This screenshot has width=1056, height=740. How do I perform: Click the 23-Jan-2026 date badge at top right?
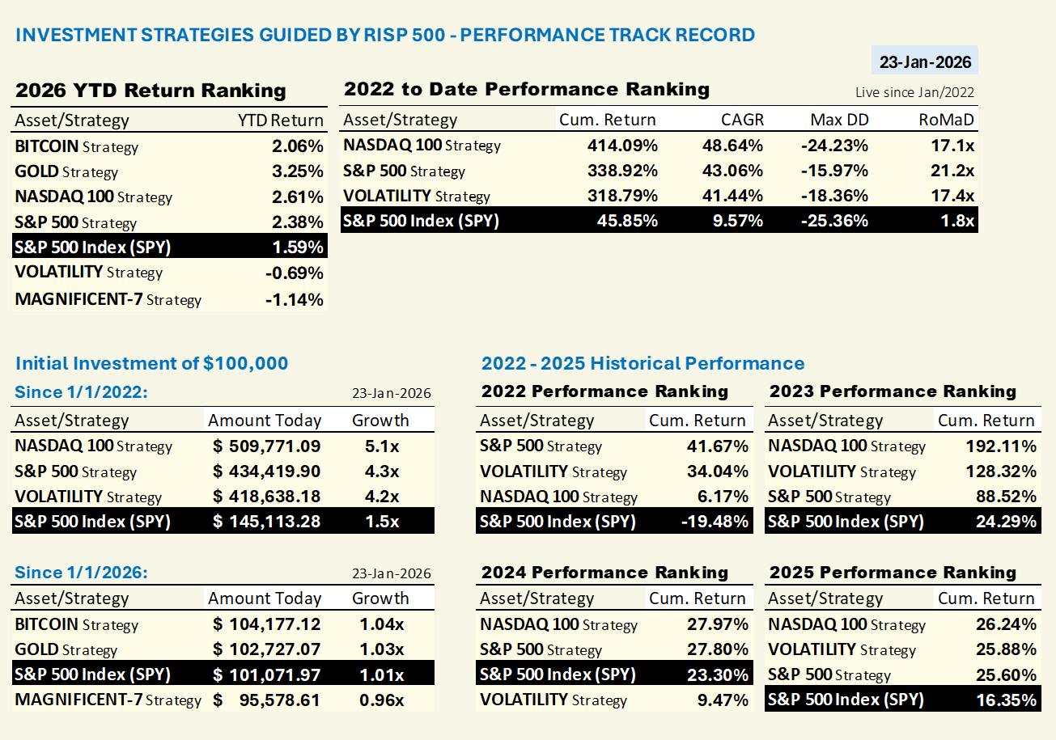click(924, 62)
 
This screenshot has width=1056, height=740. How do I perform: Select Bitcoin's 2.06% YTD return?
click(298, 146)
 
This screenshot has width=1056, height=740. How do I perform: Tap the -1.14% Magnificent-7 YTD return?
click(295, 299)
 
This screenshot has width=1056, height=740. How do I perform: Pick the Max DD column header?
click(839, 120)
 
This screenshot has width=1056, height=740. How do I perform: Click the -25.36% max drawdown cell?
click(834, 220)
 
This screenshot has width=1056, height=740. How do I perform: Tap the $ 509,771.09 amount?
click(267, 446)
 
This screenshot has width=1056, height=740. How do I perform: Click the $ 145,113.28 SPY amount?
click(267, 522)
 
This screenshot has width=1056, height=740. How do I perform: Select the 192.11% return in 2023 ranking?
click(1001, 446)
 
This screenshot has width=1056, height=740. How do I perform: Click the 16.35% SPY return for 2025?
click(1006, 700)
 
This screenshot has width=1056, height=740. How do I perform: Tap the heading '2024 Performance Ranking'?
click(604, 573)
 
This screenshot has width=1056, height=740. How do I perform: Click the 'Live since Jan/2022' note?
click(914, 92)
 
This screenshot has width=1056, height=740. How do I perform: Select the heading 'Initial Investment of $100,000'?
click(151, 363)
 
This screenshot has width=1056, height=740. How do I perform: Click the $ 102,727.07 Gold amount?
click(267, 649)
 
